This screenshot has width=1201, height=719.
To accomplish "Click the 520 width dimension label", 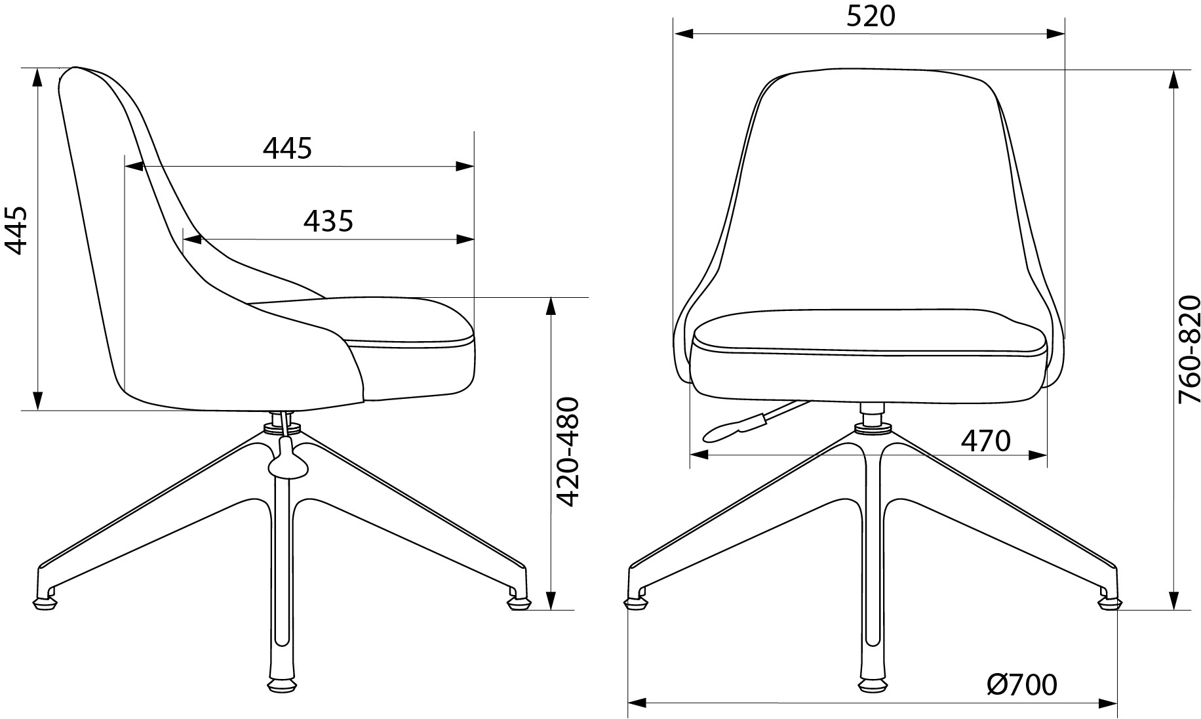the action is (x=870, y=16).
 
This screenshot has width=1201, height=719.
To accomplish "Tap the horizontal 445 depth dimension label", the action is (x=287, y=149).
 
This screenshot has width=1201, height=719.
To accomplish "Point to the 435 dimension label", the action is (x=328, y=221).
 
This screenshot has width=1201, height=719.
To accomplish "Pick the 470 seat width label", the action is (x=985, y=441).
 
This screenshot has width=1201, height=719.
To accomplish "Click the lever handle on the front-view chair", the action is (x=731, y=428).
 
